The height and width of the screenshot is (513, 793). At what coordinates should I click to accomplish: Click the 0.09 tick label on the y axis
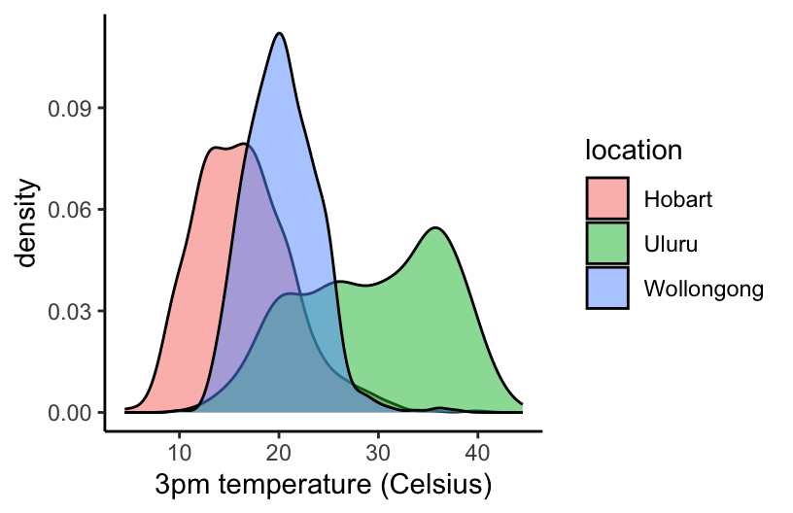72,108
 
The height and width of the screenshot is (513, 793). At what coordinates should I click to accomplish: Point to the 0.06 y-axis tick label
72,210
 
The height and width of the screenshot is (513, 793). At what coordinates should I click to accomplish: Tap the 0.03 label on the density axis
72,312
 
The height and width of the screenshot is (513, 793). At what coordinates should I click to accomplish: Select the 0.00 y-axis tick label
72,413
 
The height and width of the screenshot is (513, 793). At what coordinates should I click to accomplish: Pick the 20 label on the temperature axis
279,452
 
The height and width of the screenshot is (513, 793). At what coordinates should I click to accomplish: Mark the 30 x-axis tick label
378,452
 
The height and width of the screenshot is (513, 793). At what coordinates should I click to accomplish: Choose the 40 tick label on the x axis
477,452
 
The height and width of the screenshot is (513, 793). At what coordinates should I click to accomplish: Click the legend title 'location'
632,151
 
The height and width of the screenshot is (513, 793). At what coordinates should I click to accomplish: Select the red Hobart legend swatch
607,199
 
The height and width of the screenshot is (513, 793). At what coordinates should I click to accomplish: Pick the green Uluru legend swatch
607,243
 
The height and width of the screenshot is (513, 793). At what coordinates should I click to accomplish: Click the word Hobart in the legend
678,200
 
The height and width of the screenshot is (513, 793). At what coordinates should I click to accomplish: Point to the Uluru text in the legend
671,244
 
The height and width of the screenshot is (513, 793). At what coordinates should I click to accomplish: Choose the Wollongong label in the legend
703,288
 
